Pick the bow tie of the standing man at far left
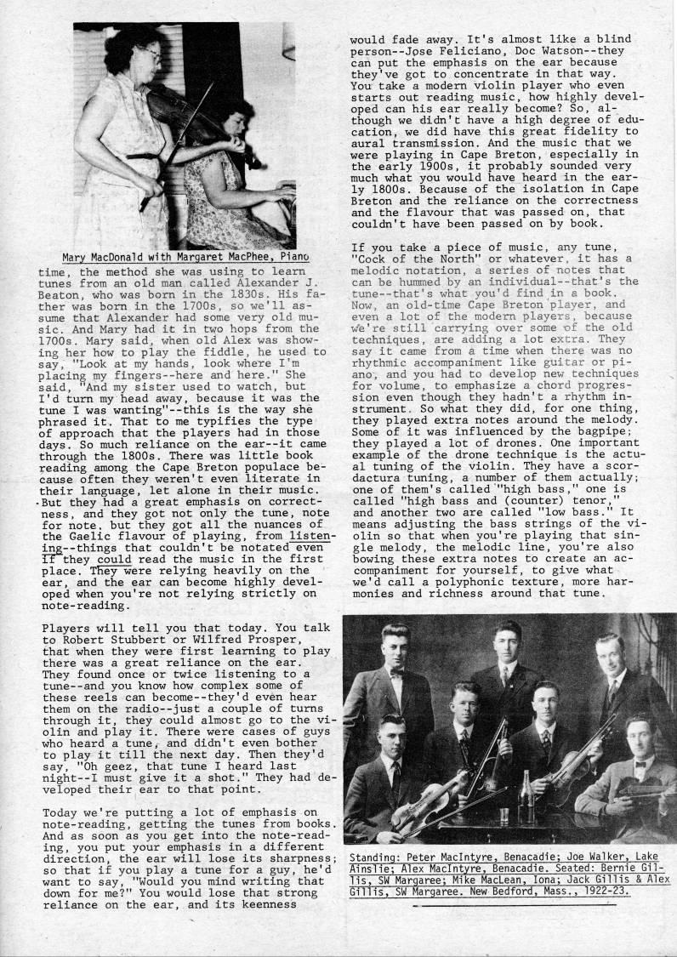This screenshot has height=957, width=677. click(x=395, y=673)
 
